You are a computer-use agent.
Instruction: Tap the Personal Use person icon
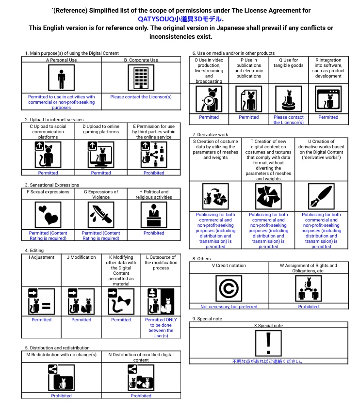(61, 78)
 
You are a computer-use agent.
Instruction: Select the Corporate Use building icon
(141, 78)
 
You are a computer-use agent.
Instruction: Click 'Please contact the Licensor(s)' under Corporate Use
(141, 97)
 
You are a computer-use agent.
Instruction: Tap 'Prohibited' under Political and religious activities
(154, 233)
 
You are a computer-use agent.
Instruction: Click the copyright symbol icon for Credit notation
(229, 288)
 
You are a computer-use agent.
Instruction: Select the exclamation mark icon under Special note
(268, 343)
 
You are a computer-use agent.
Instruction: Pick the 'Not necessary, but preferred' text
(229, 306)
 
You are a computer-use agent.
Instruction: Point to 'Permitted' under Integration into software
(328, 117)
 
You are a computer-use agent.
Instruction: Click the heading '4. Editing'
(34, 251)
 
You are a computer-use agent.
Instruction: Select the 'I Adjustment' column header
(42, 257)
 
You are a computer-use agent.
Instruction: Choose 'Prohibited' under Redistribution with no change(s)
(61, 396)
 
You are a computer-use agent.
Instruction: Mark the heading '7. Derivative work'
(211, 134)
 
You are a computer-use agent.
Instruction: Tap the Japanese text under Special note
(268, 361)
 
